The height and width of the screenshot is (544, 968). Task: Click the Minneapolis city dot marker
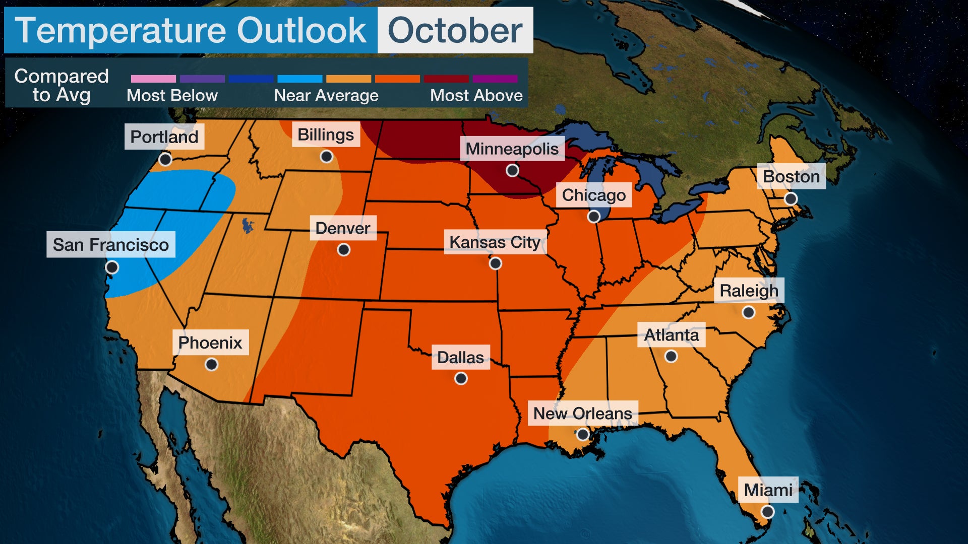pyautogui.click(x=512, y=170)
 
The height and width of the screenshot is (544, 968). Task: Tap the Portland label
pyautogui.click(x=164, y=137)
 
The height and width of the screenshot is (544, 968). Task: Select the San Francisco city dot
pyautogui.click(x=112, y=267)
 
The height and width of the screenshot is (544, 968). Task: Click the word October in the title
pyautogui.click(x=455, y=30)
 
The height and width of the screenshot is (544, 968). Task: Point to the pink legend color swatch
pyautogui.click(x=153, y=79)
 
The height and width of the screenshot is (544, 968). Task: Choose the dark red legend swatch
pyautogui.click(x=446, y=79)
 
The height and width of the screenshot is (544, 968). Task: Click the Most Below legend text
pyautogui.click(x=172, y=95)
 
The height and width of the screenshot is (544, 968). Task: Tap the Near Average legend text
pyautogui.click(x=326, y=95)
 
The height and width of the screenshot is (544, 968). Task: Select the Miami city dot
pyautogui.click(x=767, y=512)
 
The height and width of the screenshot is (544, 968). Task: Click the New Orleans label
pyautogui.click(x=582, y=413)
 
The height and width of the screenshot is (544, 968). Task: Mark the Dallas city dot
pyautogui.click(x=461, y=378)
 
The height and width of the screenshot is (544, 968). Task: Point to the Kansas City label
pyautogui.click(x=495, y=242)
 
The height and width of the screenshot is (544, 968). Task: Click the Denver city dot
pyautogui.click(x=344, y=249)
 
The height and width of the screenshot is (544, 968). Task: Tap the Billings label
pyautogui.click(x=326, y=134)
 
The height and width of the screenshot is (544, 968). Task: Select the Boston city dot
pyautogui.click(x=791, y=198)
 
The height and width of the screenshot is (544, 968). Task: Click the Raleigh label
pyautogui.click(x=749, y=291)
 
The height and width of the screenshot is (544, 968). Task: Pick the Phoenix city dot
pyautogui.click(x=212, y=364)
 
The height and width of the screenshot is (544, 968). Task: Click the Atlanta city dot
pyautogui.click(x=671, y=356)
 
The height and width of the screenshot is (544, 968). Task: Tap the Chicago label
pyautogui.click(x=593, y=195)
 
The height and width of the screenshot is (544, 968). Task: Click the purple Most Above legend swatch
pyautogui.click(x=495, y=79)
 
